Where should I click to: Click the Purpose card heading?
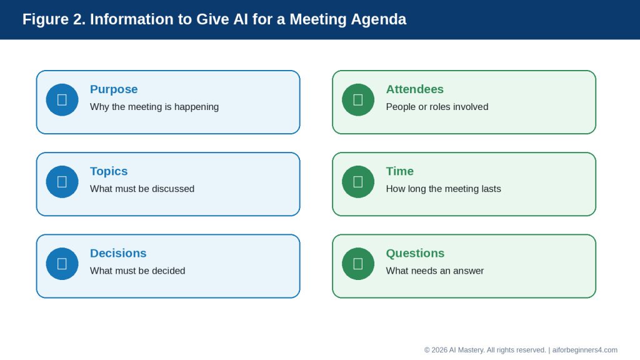click(114, 89)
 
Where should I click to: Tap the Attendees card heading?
click(415, 89)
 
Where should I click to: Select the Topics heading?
click(109, 171)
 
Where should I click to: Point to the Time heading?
click(400, 171)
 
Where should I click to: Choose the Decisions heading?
click(118, 254)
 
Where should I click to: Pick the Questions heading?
click(415, 254)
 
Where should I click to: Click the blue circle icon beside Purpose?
click(62, 100)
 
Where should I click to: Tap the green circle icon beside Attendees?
click(358, 100)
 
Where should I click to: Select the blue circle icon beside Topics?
click(62, 182)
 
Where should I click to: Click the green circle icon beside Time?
click(358, 182)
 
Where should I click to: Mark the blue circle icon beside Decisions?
click(62, 264)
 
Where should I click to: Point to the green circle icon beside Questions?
click(358, 264)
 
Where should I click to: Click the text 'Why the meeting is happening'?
click(154, 107)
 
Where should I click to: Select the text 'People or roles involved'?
click(437, 107)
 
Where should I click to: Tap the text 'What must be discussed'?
click(142, 189)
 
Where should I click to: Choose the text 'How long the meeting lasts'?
click(443, 189)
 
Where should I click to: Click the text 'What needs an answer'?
click(435, 271)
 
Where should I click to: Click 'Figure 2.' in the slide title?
click(54, 19)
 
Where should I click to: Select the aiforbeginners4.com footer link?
click(584, 350)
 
